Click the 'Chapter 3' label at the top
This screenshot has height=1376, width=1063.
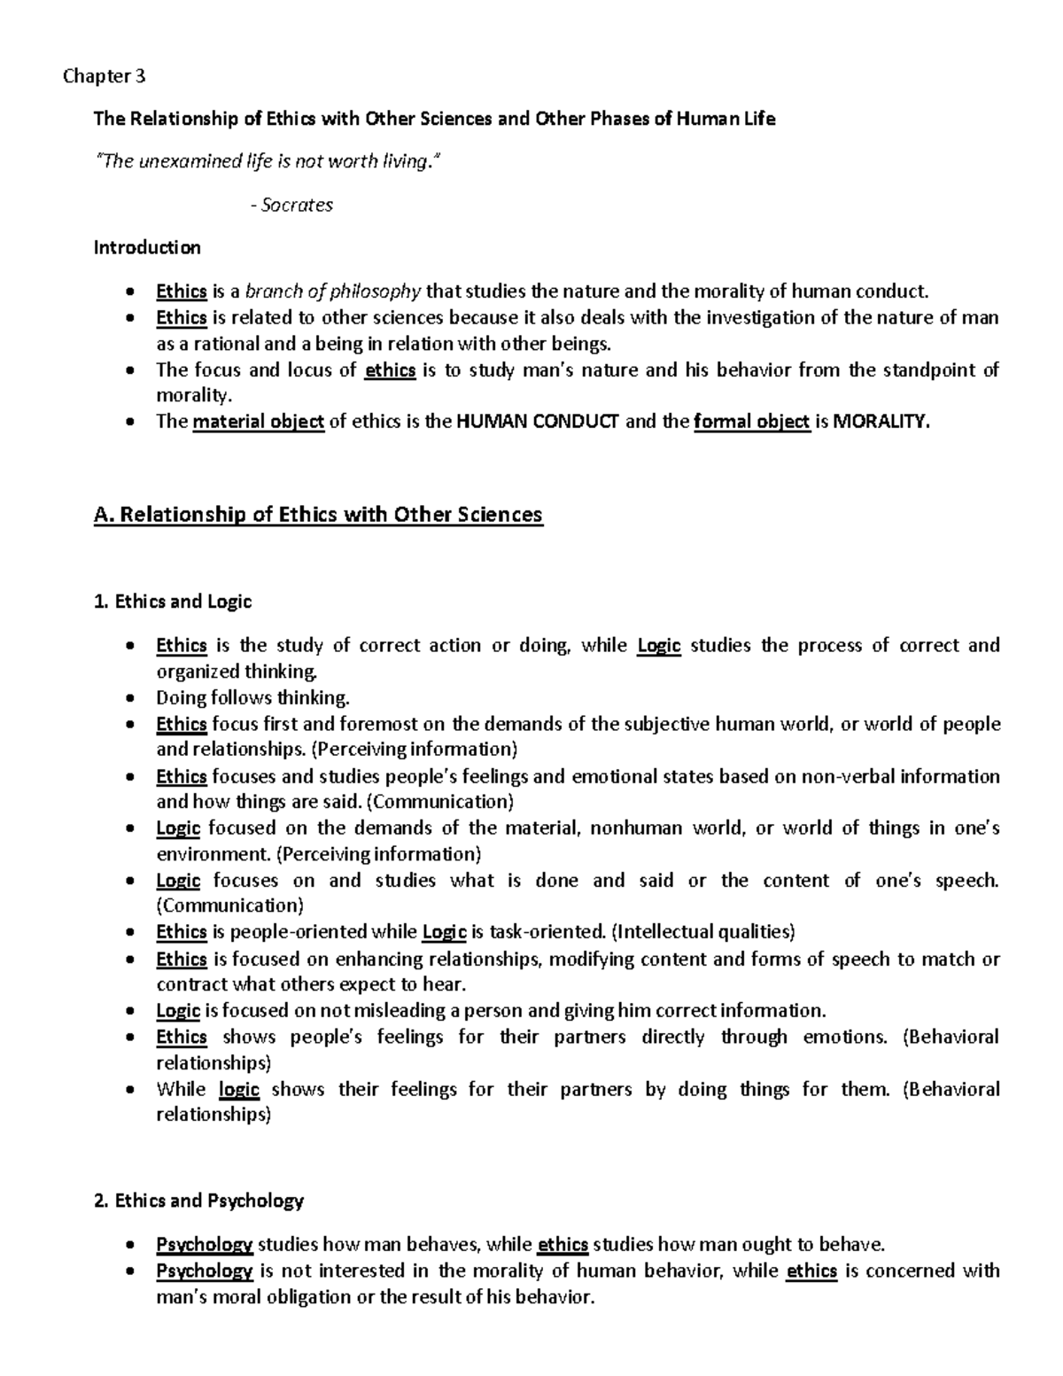click(x=104, y=76)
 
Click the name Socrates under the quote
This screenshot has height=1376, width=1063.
click(x=297, y=205)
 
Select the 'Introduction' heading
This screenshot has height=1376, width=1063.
click(x=147, y=247)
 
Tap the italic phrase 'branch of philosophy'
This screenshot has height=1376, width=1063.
click(x=333, y=292)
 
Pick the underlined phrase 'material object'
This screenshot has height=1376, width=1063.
click(x=259, y=422)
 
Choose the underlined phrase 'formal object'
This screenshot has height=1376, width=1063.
click(x=752, y=422)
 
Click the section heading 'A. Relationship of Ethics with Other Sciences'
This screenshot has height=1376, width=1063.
click(x=318, y=514)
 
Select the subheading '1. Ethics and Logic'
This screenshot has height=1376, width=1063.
click(x=173, y=602)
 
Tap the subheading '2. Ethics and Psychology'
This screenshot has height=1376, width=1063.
click(x=198, y=1201)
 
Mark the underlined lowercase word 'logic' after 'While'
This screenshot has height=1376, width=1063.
click(x=239, y=1089)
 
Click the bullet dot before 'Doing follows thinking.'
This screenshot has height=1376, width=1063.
click(x=131, y=698)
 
